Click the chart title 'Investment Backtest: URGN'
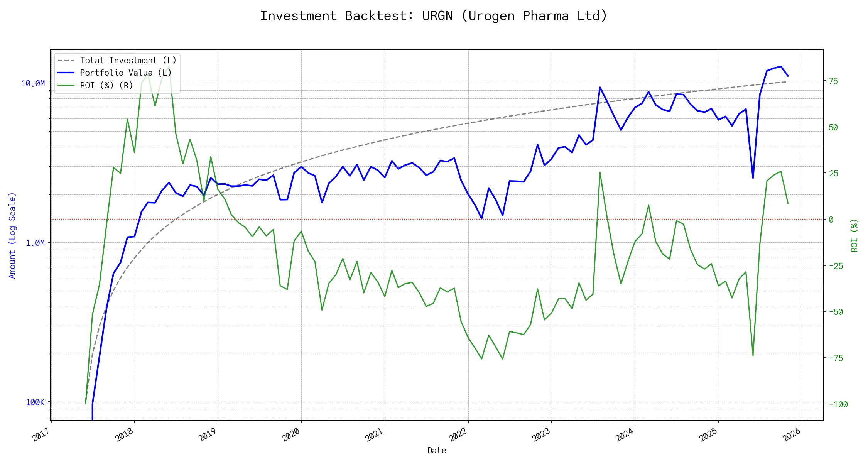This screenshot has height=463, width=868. [x=434, y=16]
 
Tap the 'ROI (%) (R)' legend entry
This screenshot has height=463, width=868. [x=106, y=85]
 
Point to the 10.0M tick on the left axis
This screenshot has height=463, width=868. [x=33, y=84]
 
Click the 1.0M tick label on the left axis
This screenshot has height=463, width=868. [x=35, y=243]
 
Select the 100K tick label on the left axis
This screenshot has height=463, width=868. [x=35, y=402]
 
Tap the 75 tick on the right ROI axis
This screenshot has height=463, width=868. [x=833, y=81]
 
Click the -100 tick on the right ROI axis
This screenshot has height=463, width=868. [x=838, y=404]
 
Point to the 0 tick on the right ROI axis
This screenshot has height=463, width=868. [x=831, y=220]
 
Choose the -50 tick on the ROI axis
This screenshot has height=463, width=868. [x=836, y=312]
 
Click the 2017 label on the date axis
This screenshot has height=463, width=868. [x=41, y=436]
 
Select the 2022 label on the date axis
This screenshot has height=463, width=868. [x=458, y=436]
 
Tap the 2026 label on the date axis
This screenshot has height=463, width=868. [x=792, y=436]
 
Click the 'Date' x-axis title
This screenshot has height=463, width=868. [x=437, y=451]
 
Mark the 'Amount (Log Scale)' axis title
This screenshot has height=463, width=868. [x=12, y=235]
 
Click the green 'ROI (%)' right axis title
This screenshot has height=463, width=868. [x=854, y=235]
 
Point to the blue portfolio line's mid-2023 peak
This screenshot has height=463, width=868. [x=600, y=87]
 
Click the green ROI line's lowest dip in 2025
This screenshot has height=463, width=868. [x=753, y=355]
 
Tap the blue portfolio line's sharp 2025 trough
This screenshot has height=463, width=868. [x=753, y=178]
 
